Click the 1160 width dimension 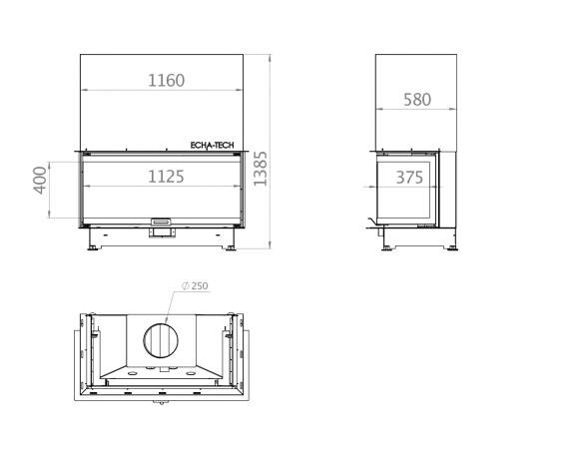166,80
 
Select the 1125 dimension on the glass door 166,177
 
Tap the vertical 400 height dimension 40,181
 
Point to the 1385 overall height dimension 260,169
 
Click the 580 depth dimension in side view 417,100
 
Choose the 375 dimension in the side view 409,178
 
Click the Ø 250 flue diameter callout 195,285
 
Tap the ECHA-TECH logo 213,146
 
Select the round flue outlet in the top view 161,341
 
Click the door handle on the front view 162,222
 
